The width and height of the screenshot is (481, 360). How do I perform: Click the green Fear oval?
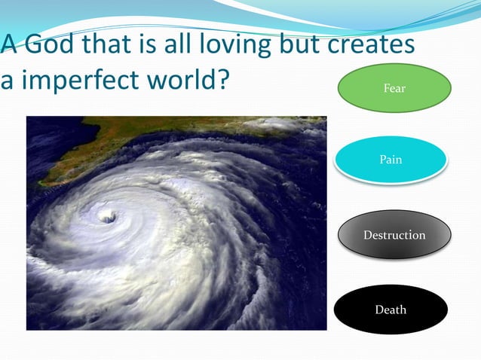(x=394, y=88)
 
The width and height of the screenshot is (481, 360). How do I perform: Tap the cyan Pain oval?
(x=391, y=159)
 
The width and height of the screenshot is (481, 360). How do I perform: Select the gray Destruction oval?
(x=394, y=235)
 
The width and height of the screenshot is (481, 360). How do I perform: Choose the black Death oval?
(x=391, y=309)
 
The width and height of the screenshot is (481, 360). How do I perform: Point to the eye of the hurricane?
(x=108, y=217)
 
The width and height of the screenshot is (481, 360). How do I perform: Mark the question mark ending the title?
(x=222, y=78)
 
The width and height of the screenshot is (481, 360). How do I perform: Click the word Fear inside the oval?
(x=394, y=88)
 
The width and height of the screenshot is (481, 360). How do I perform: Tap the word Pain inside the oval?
(x=391, y=159)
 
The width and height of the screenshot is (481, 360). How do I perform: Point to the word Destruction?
(x=394, y=235)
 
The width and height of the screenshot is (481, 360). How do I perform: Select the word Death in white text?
(x=391, y=309)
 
